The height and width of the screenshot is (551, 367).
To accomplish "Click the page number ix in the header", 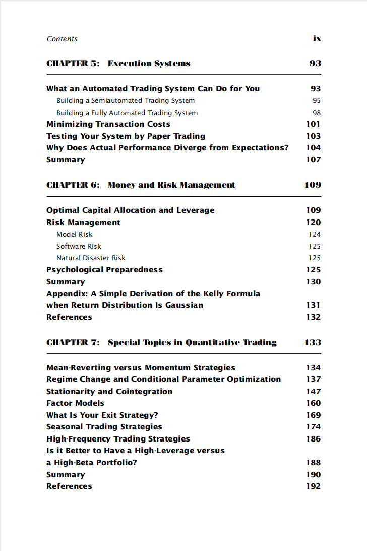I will click(x=317, y=39).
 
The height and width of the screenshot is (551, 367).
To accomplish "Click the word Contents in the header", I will click(x=62, y=39).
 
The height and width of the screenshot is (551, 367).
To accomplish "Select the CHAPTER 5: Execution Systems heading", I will click(x=118, y=64).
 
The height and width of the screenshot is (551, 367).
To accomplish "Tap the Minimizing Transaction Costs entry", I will click(x=108, y=124).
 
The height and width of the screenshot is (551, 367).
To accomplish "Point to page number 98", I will click(x=316, y=113).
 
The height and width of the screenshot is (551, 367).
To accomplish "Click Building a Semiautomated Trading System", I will click(x=126, y=101).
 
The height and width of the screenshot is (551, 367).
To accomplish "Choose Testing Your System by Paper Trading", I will click(x=126, y=136).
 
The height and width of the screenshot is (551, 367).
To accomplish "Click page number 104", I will click(x=313, y=148).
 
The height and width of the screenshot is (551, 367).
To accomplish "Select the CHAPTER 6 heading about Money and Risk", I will click(x=141, y=185).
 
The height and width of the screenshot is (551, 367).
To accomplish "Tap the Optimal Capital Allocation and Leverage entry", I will click(x=130, y=210).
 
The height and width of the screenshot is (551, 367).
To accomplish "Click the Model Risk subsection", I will click(x=75, y=234).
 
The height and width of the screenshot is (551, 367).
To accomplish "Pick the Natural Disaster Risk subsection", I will click(x=91, y=258).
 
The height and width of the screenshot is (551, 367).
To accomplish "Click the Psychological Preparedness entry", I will click(x=104, y=270).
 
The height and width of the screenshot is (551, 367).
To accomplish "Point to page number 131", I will click(x=313, y=305).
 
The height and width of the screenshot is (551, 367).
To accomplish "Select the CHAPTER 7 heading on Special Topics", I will click(x=161, y=343).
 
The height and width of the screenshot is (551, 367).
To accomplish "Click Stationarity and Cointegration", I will click(x=109, y=392).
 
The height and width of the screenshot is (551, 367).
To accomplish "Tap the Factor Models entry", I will click(x=75, y=403).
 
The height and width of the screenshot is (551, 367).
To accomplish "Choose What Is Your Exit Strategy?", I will click(x=102, y=415).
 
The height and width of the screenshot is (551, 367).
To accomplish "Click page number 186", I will click(x=313, y=439).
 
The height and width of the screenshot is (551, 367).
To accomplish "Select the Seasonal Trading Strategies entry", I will click(x=104, y=427).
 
